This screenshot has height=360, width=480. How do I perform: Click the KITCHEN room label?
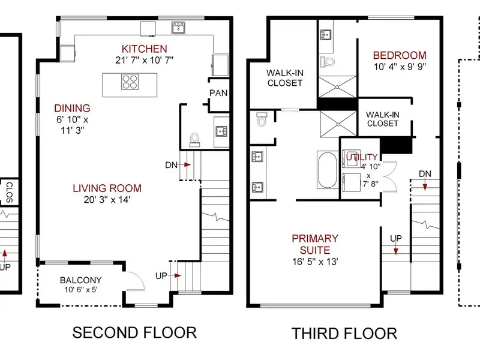click(x=144, y=49)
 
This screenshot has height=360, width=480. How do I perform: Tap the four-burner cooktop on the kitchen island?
click(x=130, y=82)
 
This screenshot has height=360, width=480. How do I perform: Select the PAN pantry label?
click(x=218, y=93)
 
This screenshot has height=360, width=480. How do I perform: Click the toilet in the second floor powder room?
click(x=194, y=139)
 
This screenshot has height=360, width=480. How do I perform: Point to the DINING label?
click(x=72, y=109)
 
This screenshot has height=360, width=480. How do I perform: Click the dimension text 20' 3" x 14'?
click(x=107, y=200)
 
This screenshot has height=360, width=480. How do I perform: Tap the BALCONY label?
click(x=81, y=280)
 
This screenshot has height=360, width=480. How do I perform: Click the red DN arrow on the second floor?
click(x=187, y=164)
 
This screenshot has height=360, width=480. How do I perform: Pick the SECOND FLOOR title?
click(x=134, y=333)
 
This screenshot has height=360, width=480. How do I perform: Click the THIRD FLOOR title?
click(x=344, y=334)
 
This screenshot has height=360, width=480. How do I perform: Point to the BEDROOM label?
click(x=400, y=55)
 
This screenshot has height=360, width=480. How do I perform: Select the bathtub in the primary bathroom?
click(x=327, y=170)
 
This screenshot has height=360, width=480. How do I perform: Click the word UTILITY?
click(x=362, y=157)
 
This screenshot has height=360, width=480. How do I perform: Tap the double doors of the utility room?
click(x=389, y=176)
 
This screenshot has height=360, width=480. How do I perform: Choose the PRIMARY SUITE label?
click(x=315, y=244)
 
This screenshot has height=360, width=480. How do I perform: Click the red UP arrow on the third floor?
click(x=396, y=251)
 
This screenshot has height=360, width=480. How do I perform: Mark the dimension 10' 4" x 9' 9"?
click(x=400, y=67)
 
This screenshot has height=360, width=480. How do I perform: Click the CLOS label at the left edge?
click(x=9, y=192)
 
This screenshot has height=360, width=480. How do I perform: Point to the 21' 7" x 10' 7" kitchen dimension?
click(x=144, y=61)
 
